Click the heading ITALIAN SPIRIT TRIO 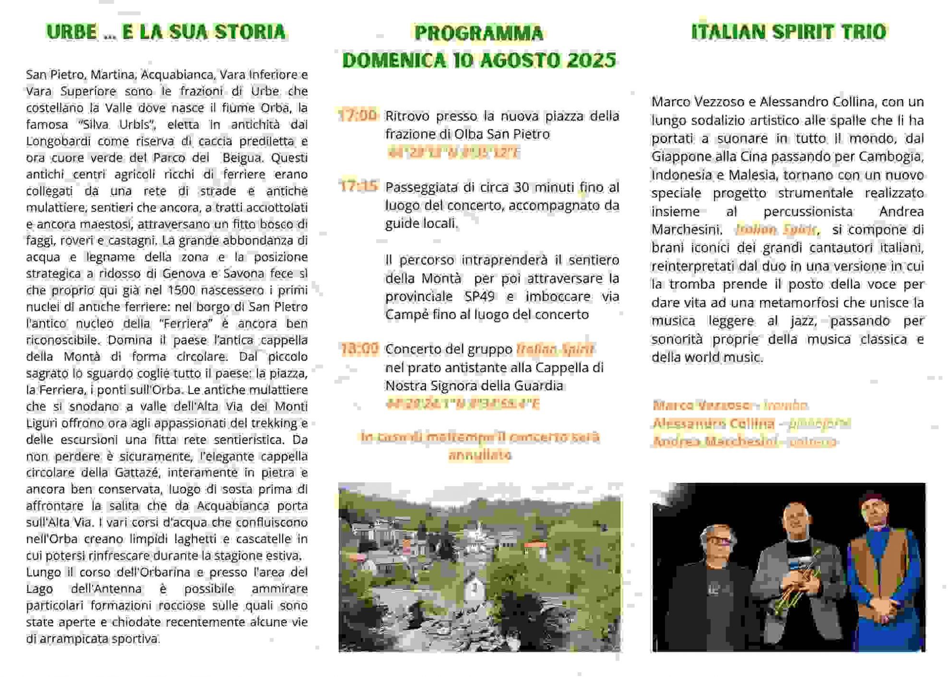788,32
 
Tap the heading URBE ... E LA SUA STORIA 166,32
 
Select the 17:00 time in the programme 357,116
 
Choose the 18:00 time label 359,349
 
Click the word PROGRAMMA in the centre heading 478,33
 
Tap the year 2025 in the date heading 591,60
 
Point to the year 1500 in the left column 181,291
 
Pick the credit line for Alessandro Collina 751,423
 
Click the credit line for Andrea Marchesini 744,442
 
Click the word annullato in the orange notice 479,455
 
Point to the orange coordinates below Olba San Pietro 453,153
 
